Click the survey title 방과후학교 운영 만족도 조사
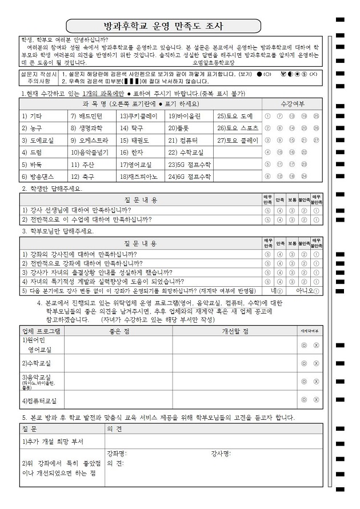(163, 26)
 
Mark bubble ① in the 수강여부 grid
(268, 116)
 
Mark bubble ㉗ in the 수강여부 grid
(316, 140)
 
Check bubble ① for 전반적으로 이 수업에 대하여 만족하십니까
(316, 219)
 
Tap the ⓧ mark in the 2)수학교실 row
(316, 363)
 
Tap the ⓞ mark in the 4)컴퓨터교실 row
(305, 399)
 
